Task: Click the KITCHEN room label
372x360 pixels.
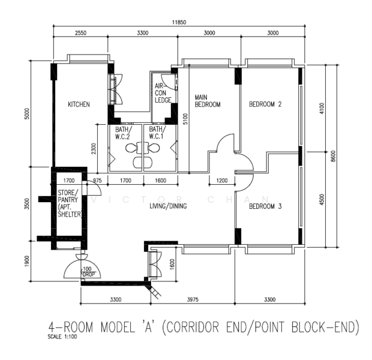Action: pyautogui.click(x=79, y=104)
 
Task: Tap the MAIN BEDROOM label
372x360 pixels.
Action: pyautogui.click(x=208, y=101)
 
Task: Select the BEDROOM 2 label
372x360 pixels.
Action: pyautogui.click(x=265, y=104)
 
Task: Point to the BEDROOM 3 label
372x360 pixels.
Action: pyautogui.click(x=265, y=206)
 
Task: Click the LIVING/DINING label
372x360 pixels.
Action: pyautogui.click(x=168, y=206)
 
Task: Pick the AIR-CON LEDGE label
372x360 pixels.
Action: pyautogui.click(x=163, y=93)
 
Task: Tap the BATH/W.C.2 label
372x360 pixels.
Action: pyautogui.click(x=122, y=133)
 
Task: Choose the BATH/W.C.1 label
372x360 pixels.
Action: pyautogui.click(x=157, y=133)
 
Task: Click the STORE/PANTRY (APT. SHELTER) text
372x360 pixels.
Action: pyautogui.click(x=69, y=203)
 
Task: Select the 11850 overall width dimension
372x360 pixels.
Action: pyautogui.click(x=179, y=22)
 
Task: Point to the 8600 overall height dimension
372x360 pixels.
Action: pyautogui.click(x=333, y=156)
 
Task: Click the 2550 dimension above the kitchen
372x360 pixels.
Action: pyautogui.click(x=80, y=33)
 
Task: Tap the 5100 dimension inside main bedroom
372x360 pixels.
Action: pyautogui.click(x=185, y=119)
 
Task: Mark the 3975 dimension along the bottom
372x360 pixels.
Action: pyautogui.click(x=193, y=300)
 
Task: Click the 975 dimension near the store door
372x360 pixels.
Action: pyautogui.click(x=97, y=181)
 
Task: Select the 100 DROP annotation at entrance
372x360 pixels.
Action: pyautogui.click(x=88, y=272)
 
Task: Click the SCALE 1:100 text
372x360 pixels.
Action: pyautogui.click(x=62, y=337)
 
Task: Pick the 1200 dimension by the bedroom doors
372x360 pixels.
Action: pyautogui.click(x=222, y=181)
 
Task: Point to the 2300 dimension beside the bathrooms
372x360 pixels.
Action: pyautogui.click(x=94, y=149)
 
